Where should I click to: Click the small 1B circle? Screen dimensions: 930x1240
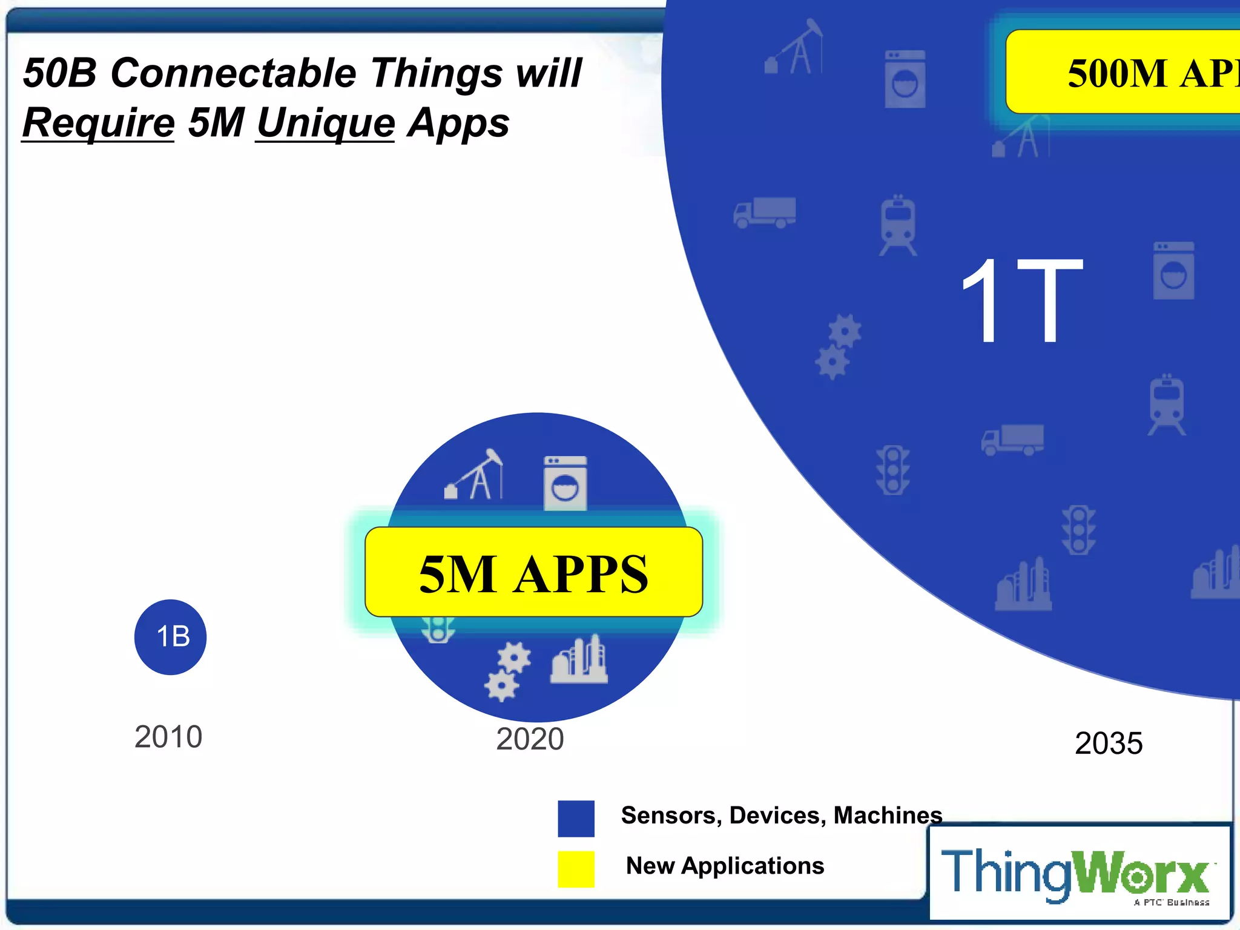170,637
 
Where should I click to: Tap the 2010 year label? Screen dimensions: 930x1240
168,737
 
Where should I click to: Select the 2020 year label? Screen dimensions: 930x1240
530,739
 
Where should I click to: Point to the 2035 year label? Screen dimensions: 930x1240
1109,744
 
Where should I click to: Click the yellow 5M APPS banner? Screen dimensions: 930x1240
533,572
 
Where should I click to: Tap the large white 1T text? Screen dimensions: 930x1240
1022,300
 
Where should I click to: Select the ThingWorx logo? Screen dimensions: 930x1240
1078,874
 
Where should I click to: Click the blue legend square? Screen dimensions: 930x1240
576,819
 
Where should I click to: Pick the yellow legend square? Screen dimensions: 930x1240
576,869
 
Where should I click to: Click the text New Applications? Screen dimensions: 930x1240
725,866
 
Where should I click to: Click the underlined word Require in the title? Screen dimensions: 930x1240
98,123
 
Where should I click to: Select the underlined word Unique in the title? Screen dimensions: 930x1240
325,123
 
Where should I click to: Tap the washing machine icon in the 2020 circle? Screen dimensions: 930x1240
565,483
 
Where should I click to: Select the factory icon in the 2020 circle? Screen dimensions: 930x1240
579,660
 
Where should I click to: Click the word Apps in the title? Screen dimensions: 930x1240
458,123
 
